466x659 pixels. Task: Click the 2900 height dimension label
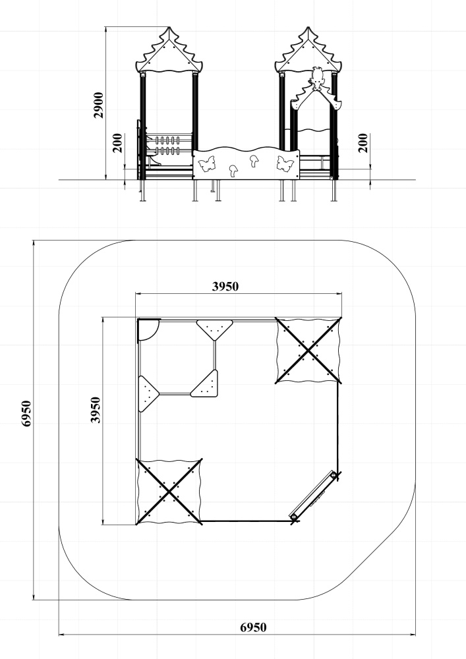coord(98,105)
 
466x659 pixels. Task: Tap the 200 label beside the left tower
coord(118,143)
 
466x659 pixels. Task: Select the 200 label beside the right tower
coord(363,143)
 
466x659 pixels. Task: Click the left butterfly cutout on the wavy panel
coord(206,164)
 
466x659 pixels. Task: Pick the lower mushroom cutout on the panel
coord(233,170)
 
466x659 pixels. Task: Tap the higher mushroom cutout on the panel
coord(254,161)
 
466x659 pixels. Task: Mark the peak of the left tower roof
coord(169,27)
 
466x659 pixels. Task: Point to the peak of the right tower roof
coord(308,27)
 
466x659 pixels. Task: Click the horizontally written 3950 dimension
coord(225,287)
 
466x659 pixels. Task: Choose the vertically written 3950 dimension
coord(96,410)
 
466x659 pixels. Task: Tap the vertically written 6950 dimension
coord(26,414)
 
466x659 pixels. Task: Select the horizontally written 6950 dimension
coord(253,627)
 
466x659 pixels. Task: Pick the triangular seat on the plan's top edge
coord(214,329)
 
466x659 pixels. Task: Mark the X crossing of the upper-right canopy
coord(308,351)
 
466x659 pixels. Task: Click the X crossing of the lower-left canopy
coord(169,492)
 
